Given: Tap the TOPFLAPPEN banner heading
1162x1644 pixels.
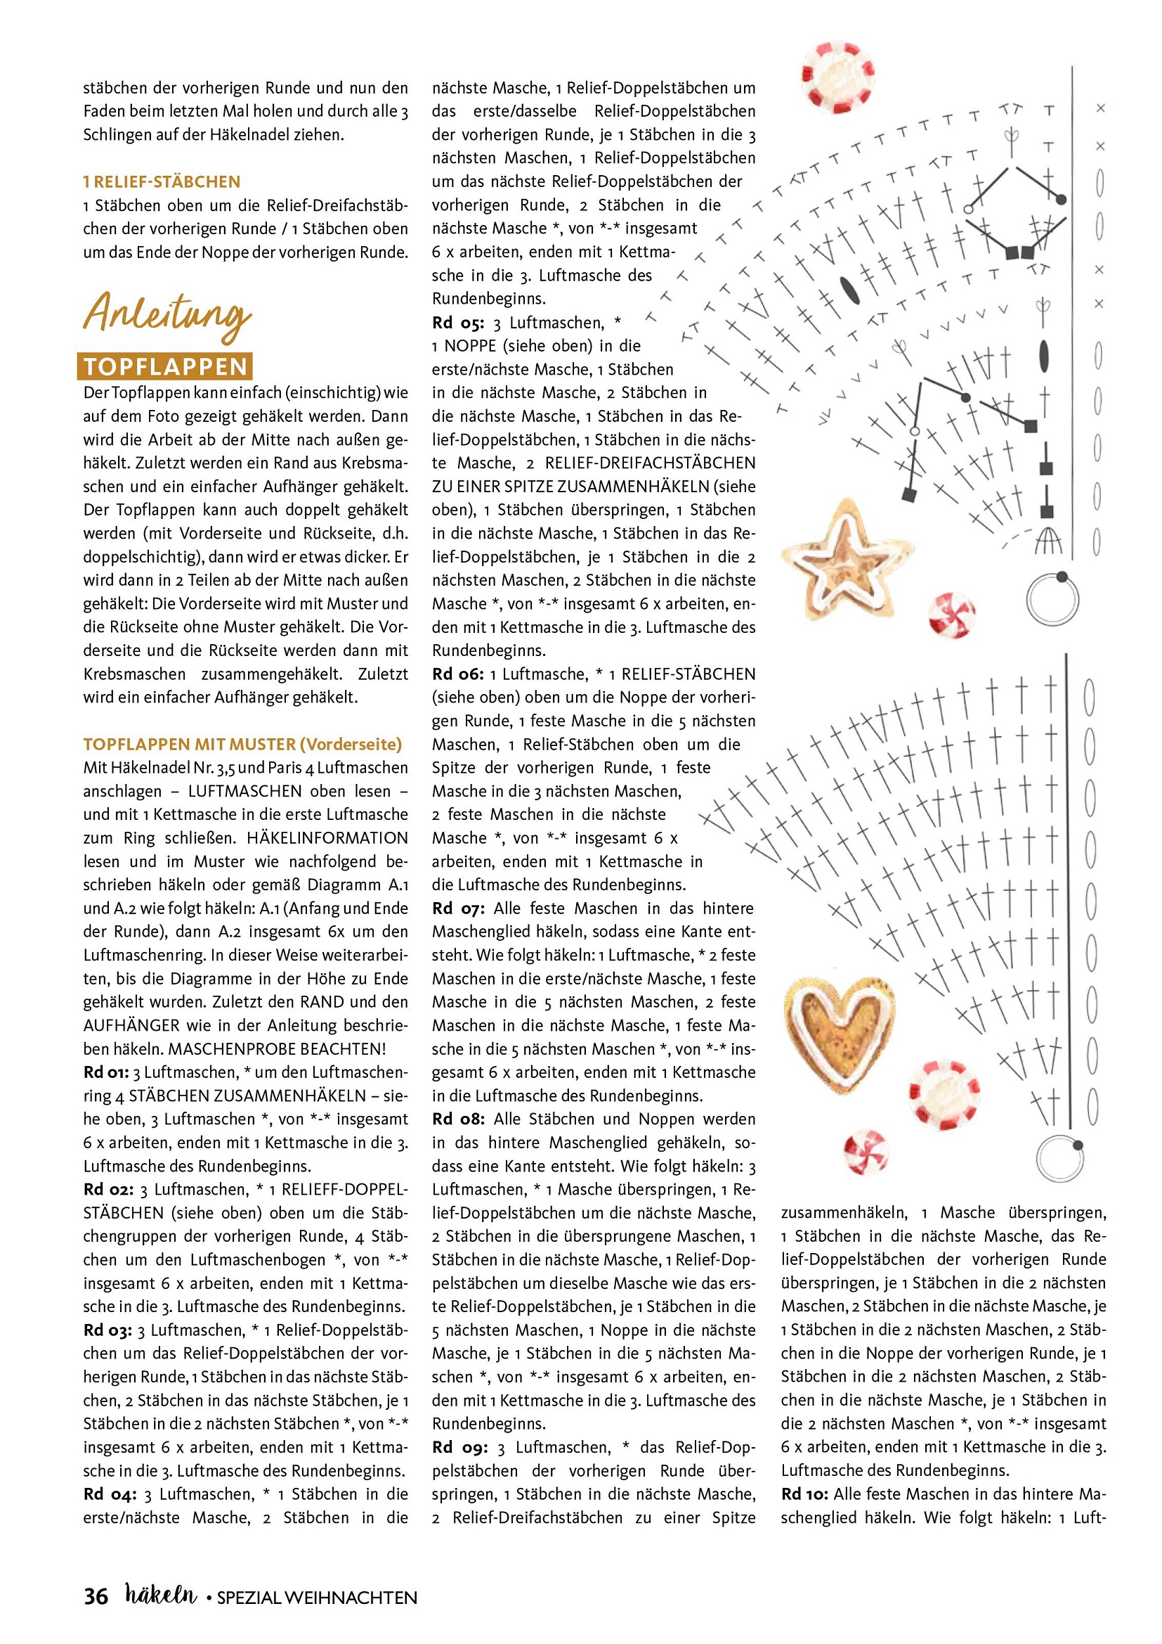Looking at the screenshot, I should tap(165, 366).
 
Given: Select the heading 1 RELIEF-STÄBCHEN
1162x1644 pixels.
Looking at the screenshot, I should tap(162, 182).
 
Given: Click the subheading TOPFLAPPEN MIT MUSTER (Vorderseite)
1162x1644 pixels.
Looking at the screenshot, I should tap(242, 744).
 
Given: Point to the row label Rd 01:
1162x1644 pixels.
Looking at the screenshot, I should tap(106, 1072).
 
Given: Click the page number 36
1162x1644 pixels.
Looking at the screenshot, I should tap(96, 1597).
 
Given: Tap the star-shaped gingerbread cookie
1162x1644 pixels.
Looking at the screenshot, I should tap(847, 560).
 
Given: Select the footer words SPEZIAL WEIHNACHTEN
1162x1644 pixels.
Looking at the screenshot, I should tap(316, 1598).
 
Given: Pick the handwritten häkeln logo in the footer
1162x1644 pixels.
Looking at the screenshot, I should tap(160, 1595).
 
